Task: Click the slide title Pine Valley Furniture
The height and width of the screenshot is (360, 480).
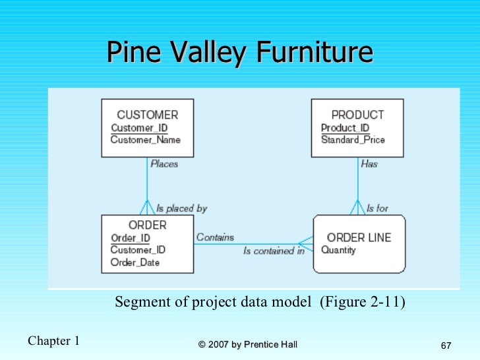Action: pos(239,52)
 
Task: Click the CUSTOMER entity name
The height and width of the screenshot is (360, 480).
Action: pos(147,115)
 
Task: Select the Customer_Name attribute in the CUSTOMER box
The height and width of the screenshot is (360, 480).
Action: pos(145,140)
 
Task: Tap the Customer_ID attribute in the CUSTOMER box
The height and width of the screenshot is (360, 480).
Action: pos(139,128)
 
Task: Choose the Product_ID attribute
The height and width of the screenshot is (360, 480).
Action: pos(345,128)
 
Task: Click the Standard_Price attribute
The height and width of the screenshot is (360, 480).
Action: pos(353,140)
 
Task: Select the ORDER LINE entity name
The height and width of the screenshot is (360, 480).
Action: pos(359,237)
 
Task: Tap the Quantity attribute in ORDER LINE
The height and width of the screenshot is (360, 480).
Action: pos(338,251)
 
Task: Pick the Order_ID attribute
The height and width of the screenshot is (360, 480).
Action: pos(130,238)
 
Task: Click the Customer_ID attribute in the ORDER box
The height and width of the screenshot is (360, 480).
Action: pos(138,250)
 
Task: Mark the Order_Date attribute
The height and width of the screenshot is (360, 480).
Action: pos(135,262)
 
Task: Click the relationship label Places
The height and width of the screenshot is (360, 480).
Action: pos(164,164)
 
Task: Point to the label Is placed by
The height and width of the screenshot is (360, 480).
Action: pos(181,208)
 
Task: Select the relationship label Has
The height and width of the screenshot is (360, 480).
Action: pos(369,164)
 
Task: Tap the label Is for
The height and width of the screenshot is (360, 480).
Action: pos(378,208)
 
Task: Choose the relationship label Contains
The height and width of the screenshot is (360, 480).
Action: pos(215,237)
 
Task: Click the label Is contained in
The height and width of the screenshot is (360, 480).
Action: pos(274,251)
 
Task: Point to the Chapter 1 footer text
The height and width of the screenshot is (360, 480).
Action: pos(53,341)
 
